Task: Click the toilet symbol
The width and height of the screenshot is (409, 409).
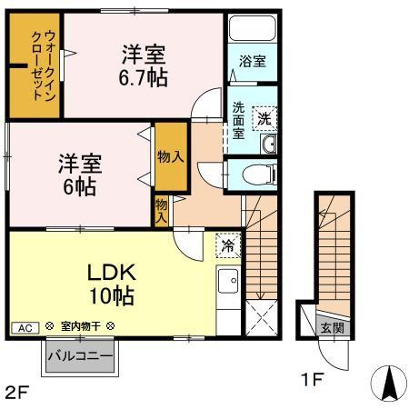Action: point(260,175)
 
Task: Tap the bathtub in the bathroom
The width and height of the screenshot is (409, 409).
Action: point(253,28)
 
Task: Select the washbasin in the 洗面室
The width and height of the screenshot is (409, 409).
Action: point(269,144)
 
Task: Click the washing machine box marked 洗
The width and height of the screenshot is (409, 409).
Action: point(264,118)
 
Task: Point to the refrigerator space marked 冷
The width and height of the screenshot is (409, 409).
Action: point(228,245)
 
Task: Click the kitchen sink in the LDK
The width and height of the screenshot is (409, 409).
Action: point(228,281)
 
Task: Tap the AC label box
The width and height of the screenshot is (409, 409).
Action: point(25,328)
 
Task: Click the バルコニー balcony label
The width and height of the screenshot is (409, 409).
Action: point(80,355)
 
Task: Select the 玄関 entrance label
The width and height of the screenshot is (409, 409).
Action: point(333,328)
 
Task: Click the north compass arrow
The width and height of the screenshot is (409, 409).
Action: point(389,383)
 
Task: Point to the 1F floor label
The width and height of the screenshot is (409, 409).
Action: point(313,379)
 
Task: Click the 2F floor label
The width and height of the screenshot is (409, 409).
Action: point(17,393)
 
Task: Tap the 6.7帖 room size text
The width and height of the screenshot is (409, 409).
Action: point(143,78)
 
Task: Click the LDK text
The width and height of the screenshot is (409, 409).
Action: point(111,273)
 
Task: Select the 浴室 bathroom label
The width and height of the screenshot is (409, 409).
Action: point(253,61)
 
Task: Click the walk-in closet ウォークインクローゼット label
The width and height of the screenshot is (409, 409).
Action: point(44,65)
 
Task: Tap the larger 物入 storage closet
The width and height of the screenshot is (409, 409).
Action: point(171,157)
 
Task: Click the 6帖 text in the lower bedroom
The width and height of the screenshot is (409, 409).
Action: point(80,187)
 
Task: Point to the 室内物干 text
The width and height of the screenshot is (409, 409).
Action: point(81,326)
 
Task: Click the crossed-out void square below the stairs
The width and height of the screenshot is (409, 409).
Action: point(261,318)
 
